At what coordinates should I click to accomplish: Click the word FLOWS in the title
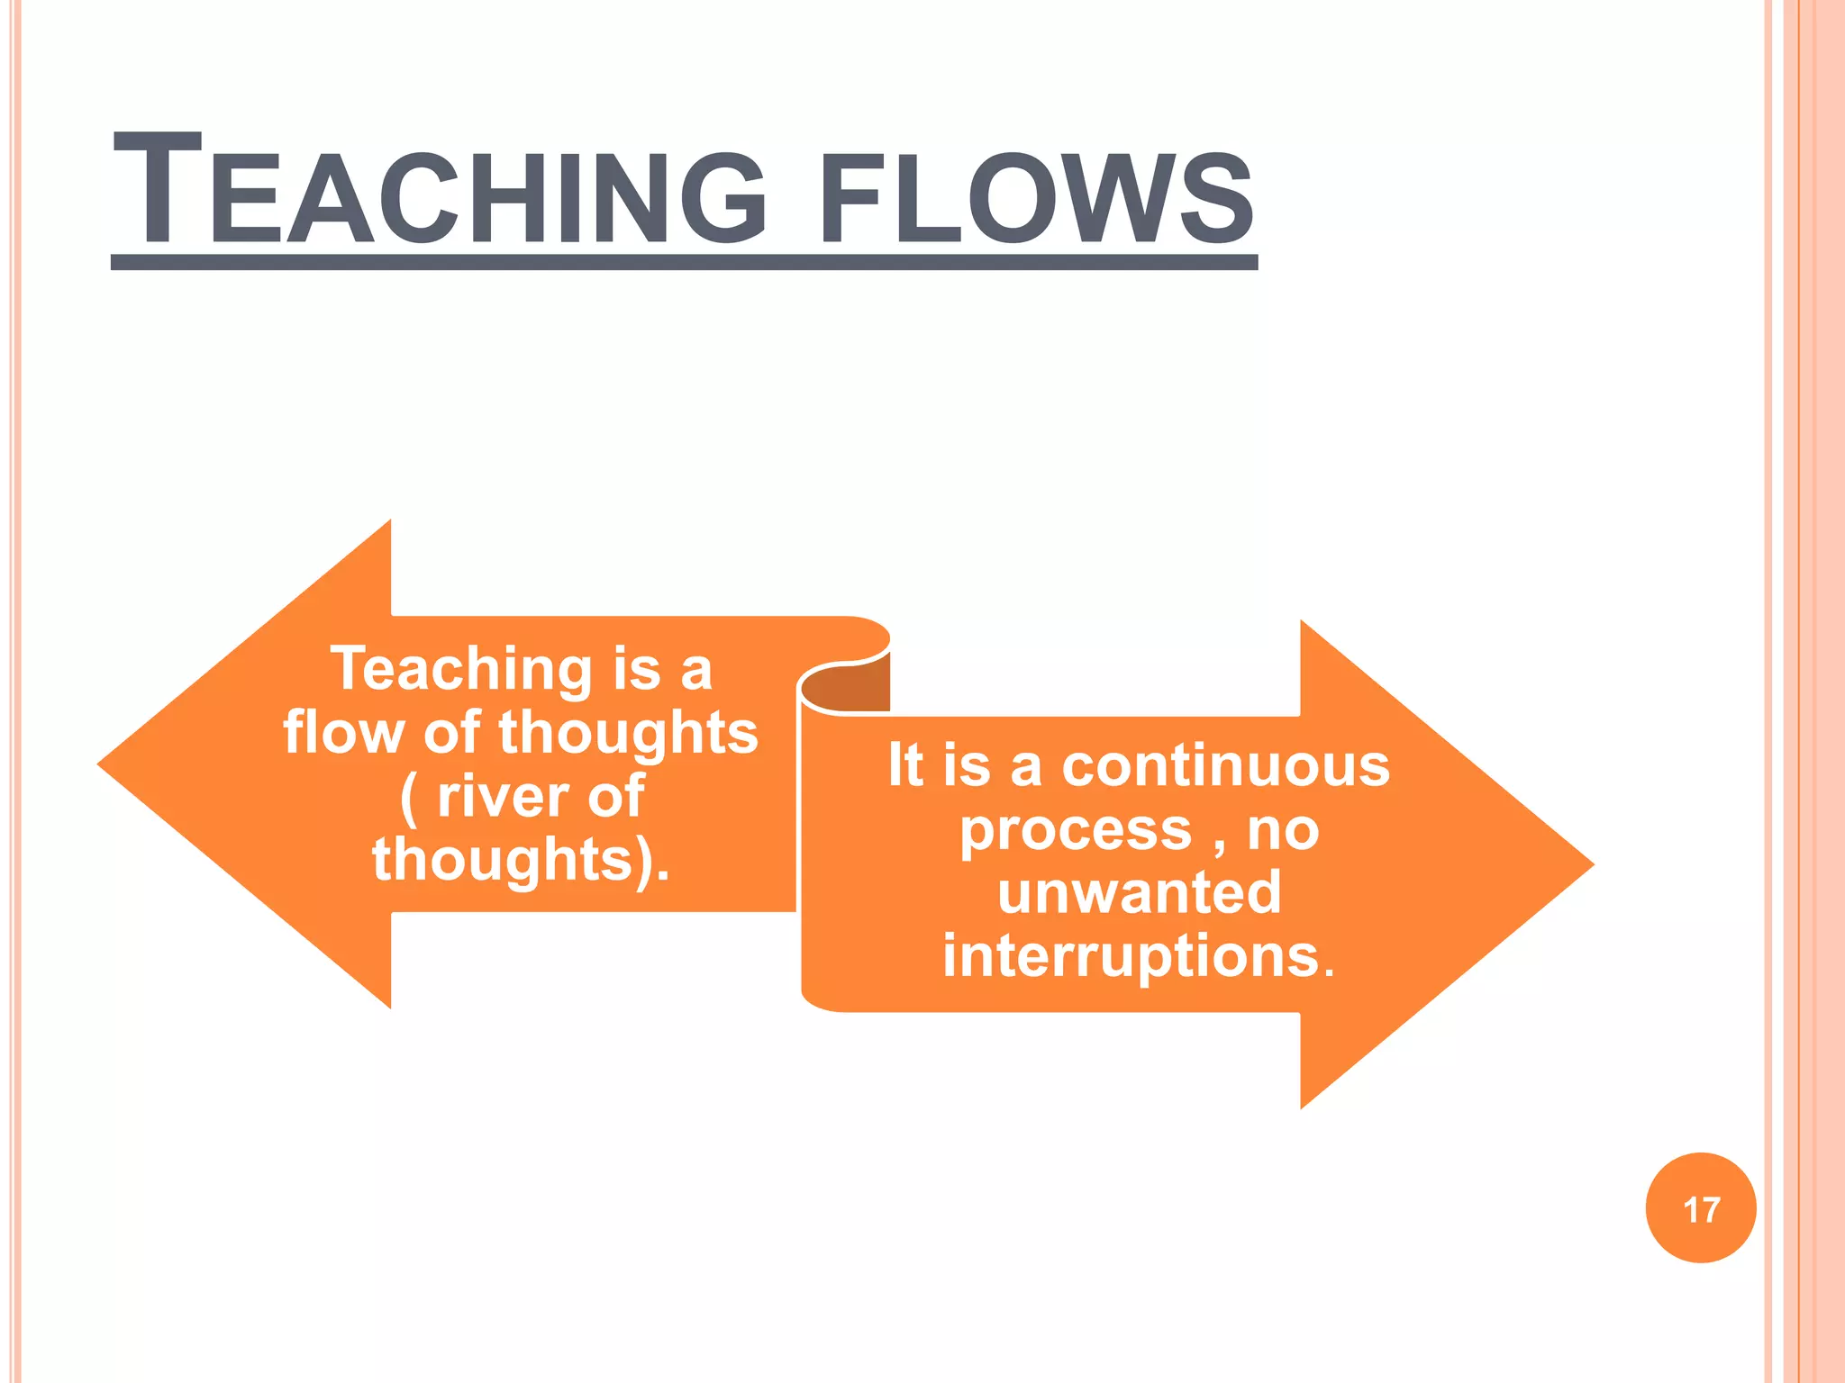tap(1036, 198)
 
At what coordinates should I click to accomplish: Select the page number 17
tap(1701, 1209)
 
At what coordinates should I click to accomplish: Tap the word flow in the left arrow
tap(342, 732)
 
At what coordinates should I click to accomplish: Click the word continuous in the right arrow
tap(1226, 766)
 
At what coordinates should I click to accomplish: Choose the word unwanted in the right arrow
tap(1139, 892)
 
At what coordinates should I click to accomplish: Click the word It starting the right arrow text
tap(905, 765)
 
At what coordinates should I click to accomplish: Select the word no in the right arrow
tap(1283, 829)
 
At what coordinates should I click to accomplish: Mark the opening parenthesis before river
tap(408, 798)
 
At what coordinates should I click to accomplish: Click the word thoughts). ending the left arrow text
tap(520, 860)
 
